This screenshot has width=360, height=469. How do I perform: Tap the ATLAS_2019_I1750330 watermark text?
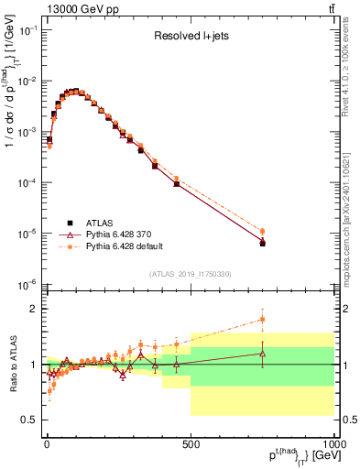(x=190, y=274)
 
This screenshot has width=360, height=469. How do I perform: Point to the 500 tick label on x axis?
(x=191, y=442)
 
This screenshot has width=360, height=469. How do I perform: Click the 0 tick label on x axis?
(x=47, y=442)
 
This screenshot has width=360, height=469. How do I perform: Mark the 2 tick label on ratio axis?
(x=35, y=309)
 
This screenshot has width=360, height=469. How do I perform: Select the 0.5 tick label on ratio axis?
(x=30, y=420)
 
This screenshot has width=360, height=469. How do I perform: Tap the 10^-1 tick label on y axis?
(x=27, y=30)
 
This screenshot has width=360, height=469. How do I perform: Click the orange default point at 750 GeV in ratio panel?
(x=263, y=319)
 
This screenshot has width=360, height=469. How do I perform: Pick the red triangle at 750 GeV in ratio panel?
(x=263, y=353)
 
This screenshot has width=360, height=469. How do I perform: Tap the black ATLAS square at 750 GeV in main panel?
(x=263, y=244)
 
